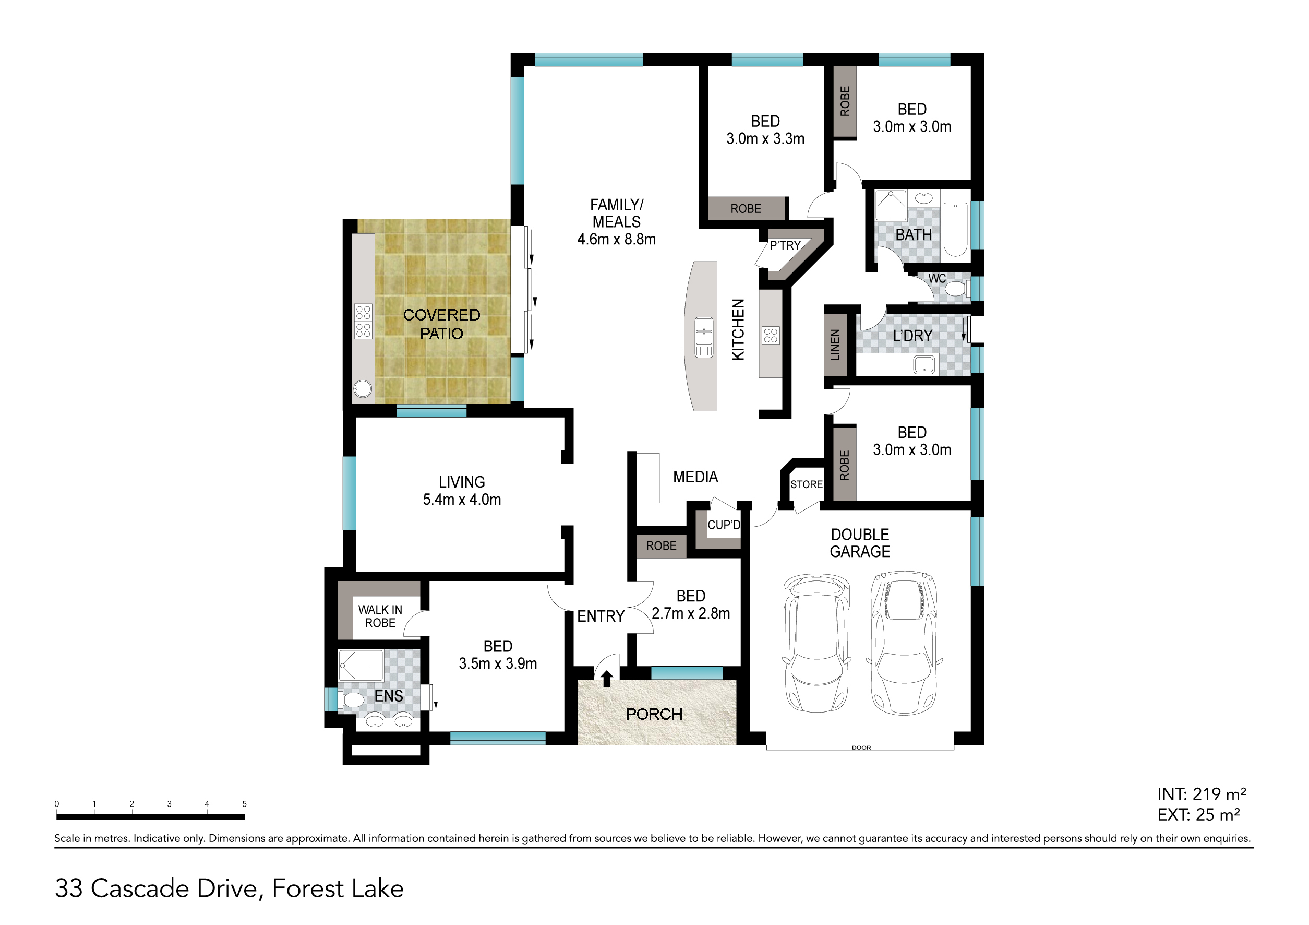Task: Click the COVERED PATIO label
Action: [441, 324]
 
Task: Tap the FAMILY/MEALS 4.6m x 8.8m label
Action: [616, 222]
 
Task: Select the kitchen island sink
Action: [704, 337]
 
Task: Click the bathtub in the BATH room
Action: [955, 229]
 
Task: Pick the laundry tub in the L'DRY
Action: [923, 364]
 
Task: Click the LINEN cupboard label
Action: [835, 345]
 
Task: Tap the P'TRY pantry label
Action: [785, 246]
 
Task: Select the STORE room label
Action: [806, 484]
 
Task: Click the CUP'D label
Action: [724, 525]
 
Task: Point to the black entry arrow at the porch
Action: [607, 678]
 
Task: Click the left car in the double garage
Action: [818, 643]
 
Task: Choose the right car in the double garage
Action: [904, 643]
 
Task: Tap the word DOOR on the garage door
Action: [861, 748]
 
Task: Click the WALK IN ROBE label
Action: [380, 616]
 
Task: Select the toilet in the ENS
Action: [351, 699]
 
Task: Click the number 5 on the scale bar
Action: [245, 803]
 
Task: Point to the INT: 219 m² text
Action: [1201, 794]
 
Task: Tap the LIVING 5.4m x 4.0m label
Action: [462, 491]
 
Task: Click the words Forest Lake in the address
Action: [338, 888]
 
